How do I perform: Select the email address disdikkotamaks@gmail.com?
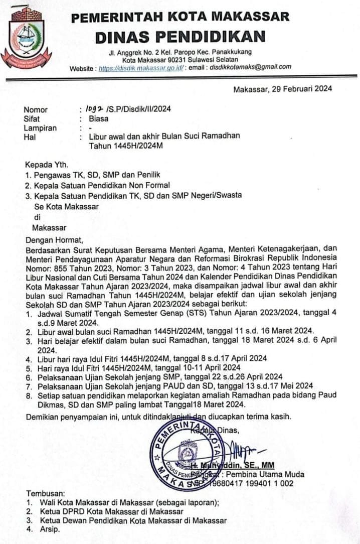click(x=251, y=67)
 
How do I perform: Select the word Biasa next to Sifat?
click(x=98, y=119)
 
